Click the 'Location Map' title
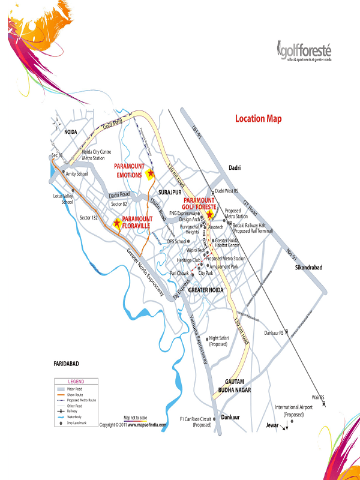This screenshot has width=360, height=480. point(258,119)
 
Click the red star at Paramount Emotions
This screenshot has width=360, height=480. point(150,174)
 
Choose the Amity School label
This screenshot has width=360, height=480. point(76,174)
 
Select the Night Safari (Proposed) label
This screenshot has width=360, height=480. point(218,341)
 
